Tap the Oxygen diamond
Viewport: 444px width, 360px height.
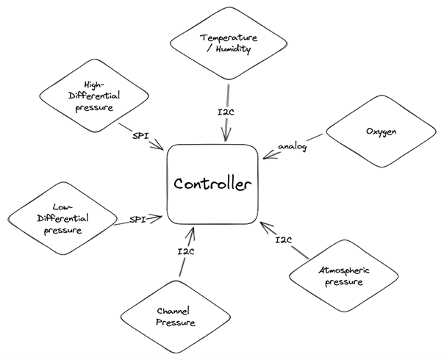(381, 132)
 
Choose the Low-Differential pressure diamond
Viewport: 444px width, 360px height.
(62, 218)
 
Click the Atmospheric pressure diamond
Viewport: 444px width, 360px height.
(345, 276)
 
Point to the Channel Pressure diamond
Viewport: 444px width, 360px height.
(176, 315)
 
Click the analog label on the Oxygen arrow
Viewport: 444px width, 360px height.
(292, 145)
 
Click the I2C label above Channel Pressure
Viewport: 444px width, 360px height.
(186, 252)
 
